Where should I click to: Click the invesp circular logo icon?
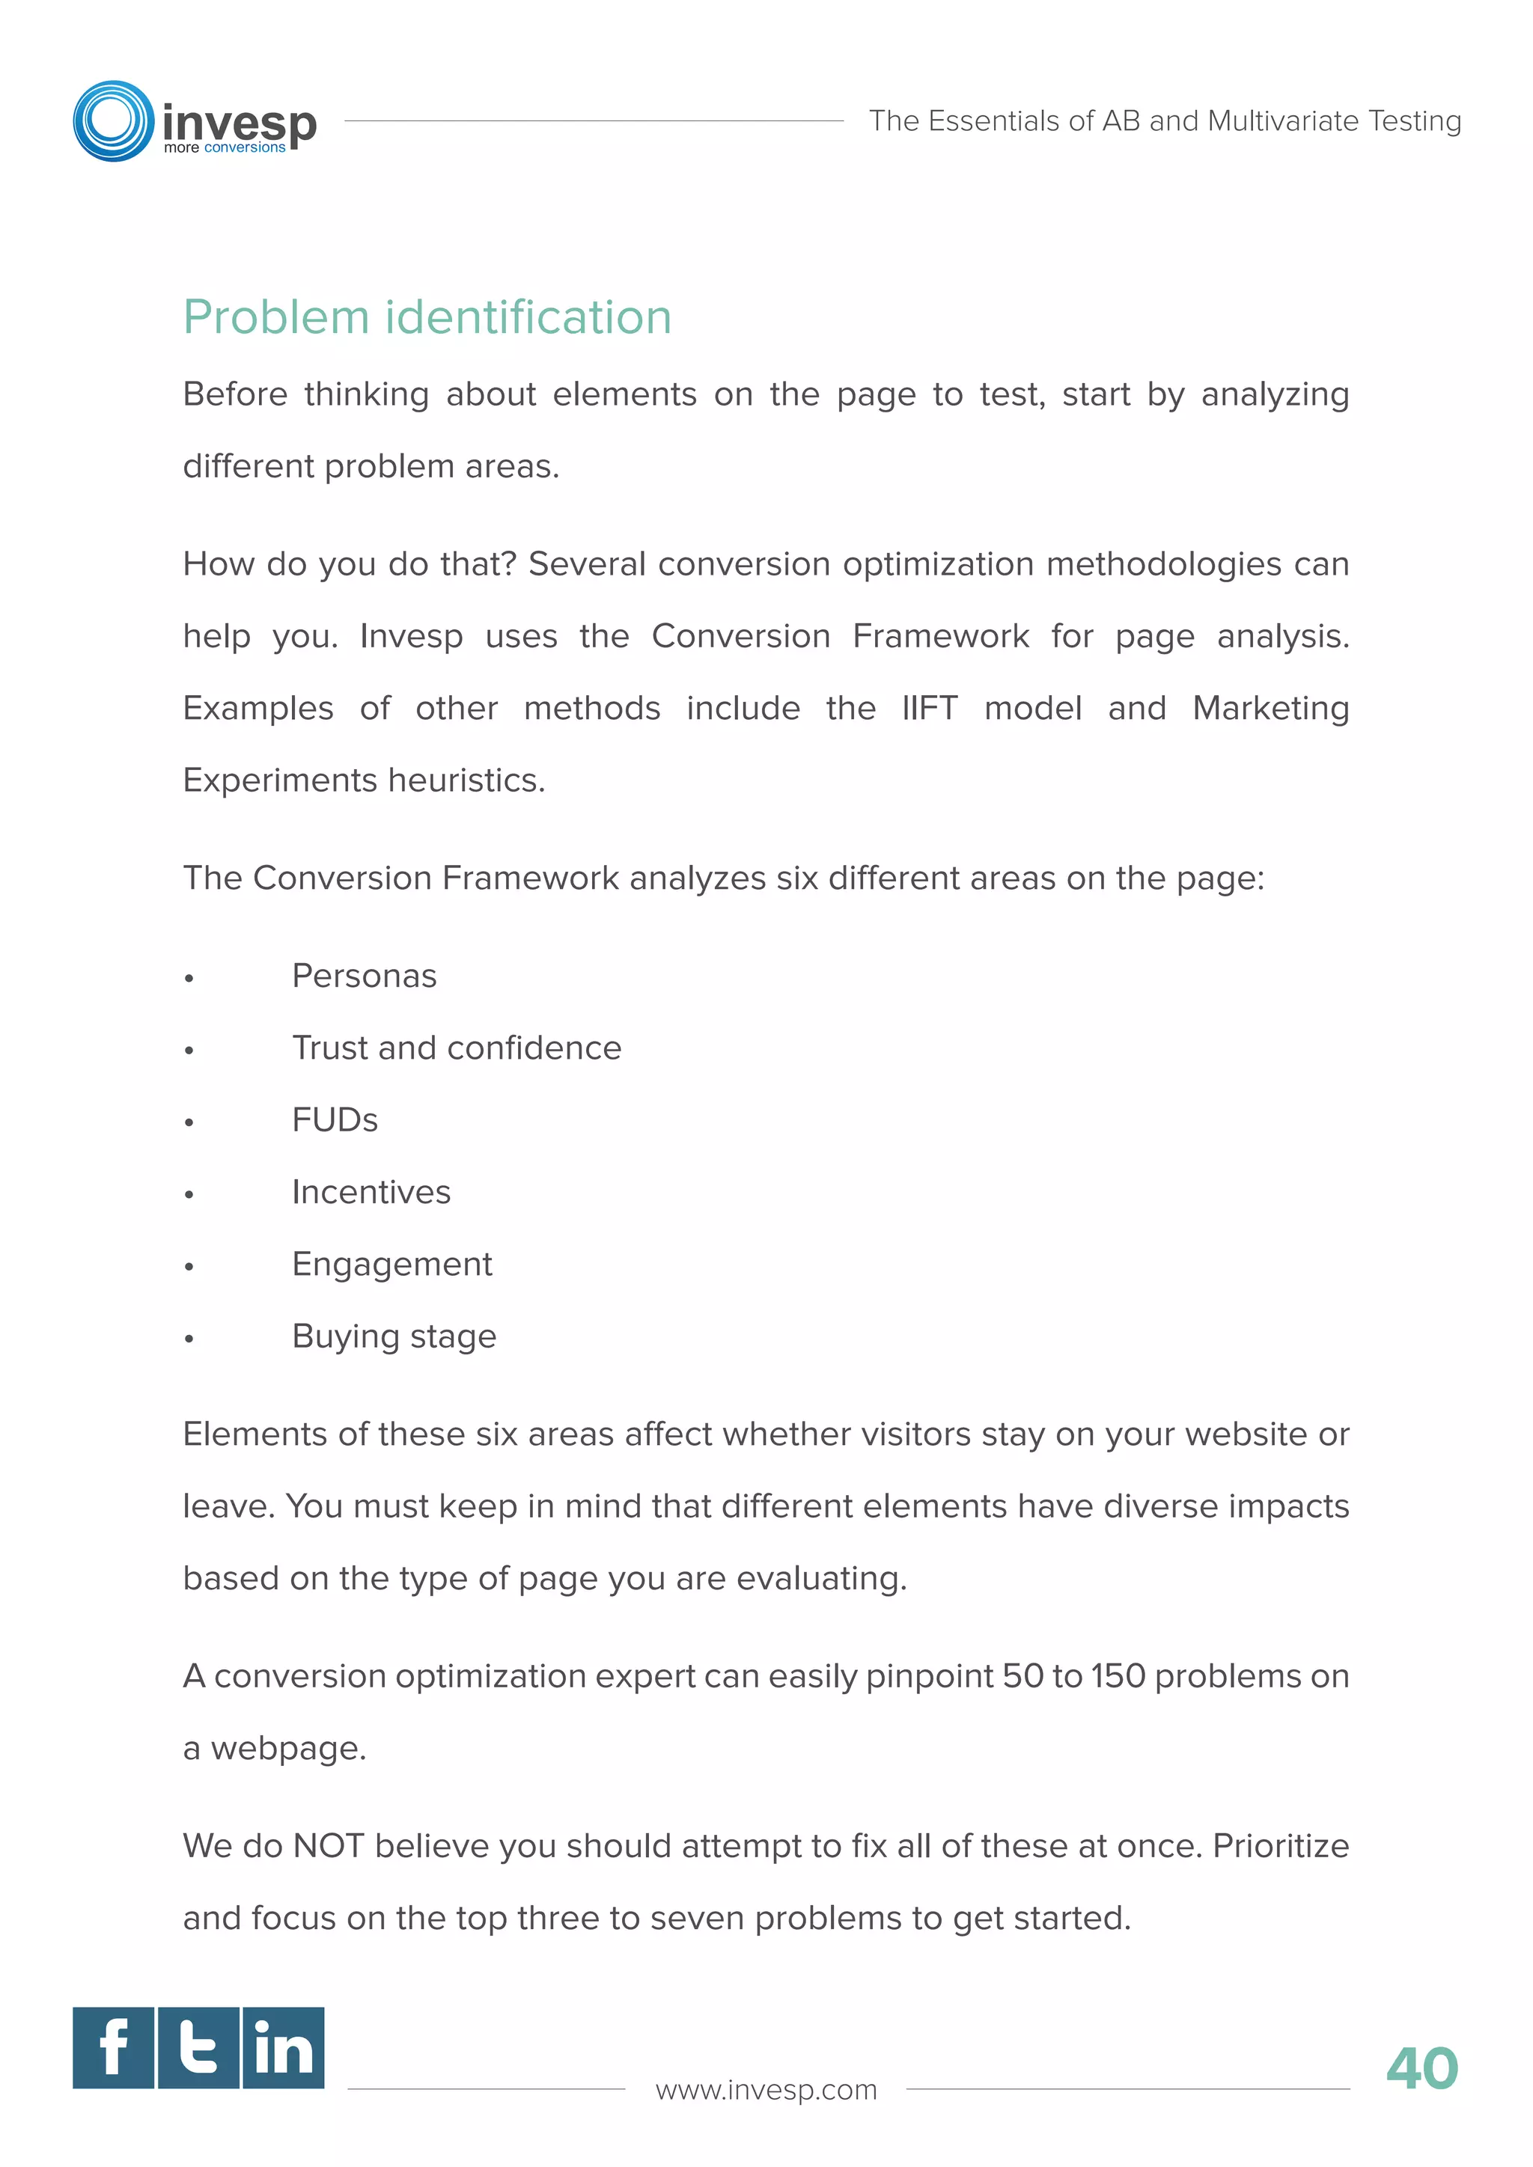[113, 120]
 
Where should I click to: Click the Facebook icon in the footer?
[113, 2048]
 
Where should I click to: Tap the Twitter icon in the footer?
[198, 2048]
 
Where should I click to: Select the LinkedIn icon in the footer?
[283, 2048]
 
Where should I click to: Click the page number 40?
[1421, 2069]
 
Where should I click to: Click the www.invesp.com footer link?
[766, 2090]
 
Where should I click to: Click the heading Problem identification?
[427, 317]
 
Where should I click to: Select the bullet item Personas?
[365, 976]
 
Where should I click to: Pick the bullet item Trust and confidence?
[457, 1048]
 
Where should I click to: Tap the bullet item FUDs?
[335, 1120]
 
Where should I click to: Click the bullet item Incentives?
[371, 1192]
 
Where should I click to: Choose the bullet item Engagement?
[391, 1265]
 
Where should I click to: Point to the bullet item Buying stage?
[394, 1336]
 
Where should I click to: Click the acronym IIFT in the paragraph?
[929, 708]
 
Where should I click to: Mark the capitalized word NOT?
[329, 1846]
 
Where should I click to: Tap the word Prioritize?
[1280, 1846]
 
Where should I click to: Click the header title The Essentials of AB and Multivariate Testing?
[1165, 120]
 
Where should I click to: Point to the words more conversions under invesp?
[225, 148]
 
